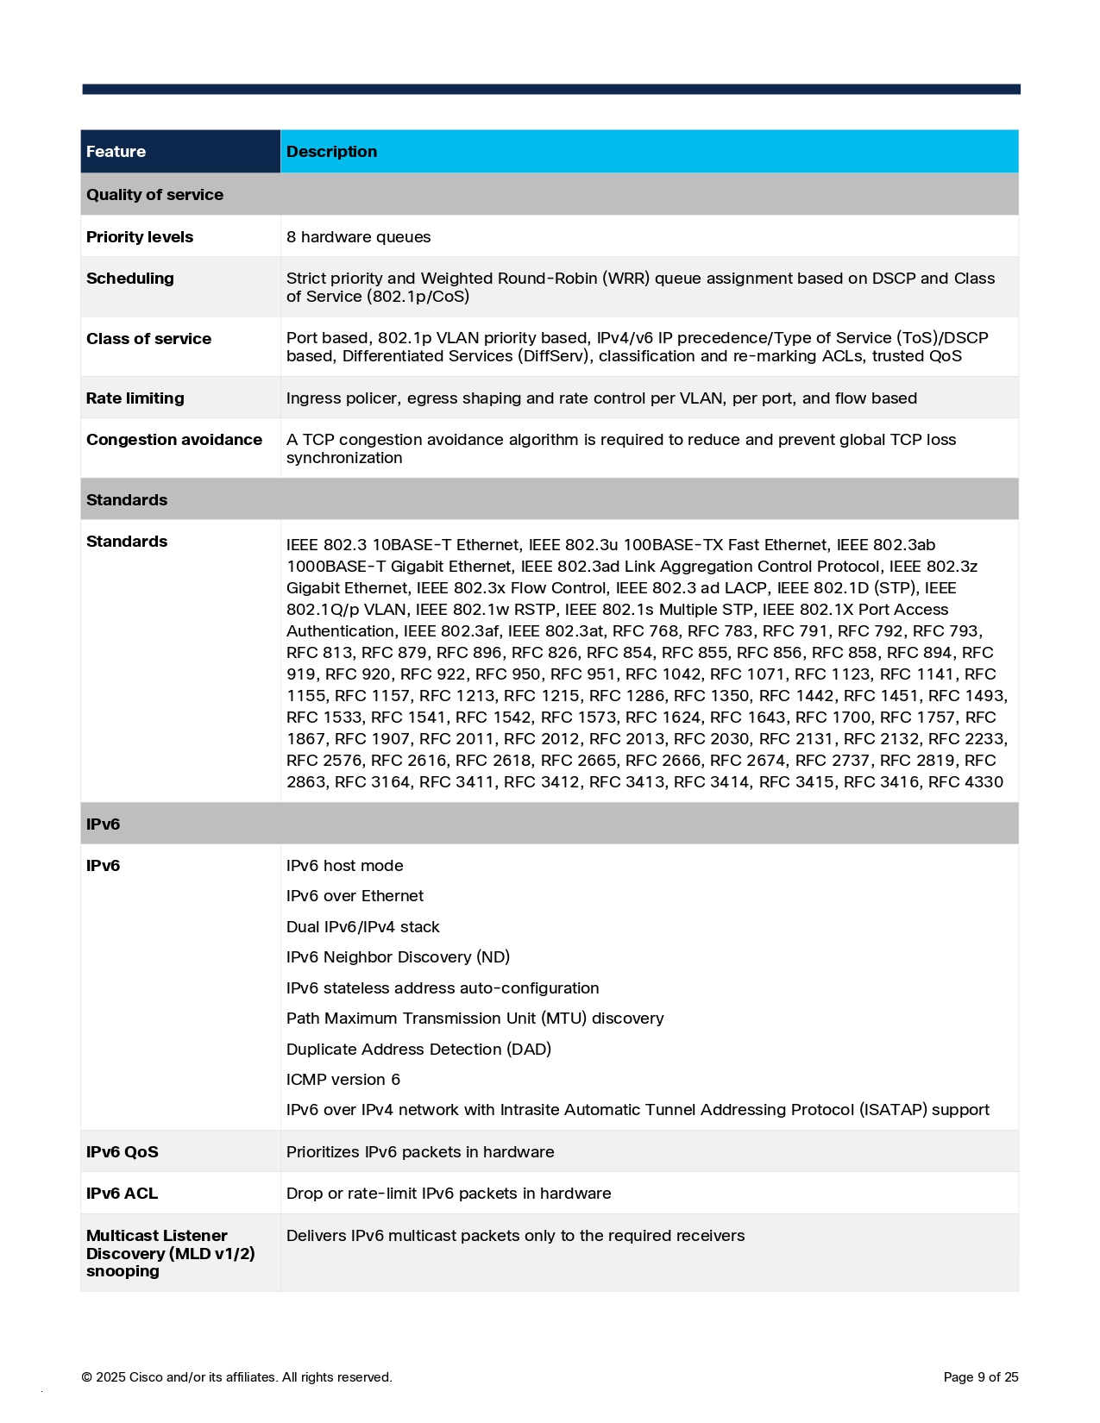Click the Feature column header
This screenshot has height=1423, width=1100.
click(116, 152)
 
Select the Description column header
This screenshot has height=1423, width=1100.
click(331, 152)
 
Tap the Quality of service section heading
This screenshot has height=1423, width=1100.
click(154, 195)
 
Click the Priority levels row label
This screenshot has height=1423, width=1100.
click(140, 237)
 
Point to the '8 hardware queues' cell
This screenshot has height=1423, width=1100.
click(358, 237)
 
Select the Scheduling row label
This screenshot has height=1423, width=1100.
click(130, 279)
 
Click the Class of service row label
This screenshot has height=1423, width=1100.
click(148, 339)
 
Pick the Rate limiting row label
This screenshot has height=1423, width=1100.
click(135, 398)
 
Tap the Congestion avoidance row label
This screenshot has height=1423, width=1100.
click(174, 440)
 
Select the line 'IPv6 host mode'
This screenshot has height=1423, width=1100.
click(344, 866)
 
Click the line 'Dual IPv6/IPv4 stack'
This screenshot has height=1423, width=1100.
click(362, 927)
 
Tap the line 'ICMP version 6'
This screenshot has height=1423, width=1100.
click(343, 1080)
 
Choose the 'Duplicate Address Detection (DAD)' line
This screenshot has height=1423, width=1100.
click(418, 1050)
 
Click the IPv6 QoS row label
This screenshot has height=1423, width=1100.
click(123, 1152)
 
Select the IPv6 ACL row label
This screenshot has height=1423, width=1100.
click(122, 1194)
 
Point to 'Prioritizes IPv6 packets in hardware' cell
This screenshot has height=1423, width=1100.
click(420, 1152)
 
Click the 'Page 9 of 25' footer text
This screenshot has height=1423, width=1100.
click(981, 1377)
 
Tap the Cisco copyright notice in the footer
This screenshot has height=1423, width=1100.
click(236, 1377)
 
